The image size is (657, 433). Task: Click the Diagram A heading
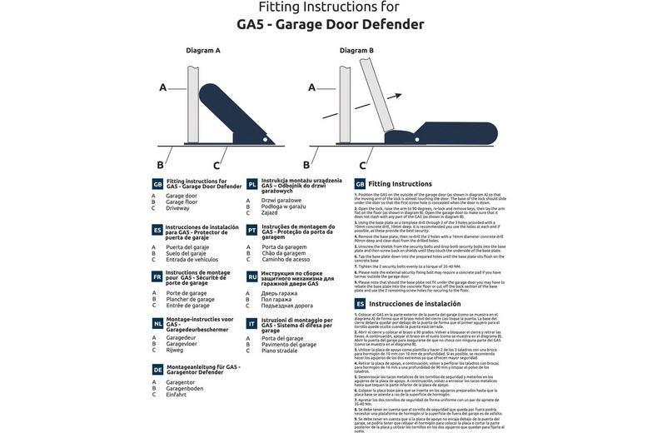(203, 51)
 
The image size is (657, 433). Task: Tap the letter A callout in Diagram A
(163, 87)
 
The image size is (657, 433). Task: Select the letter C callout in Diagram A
(217, 166)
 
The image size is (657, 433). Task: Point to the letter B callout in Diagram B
(307, 166)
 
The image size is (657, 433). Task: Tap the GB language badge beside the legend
(157, 184)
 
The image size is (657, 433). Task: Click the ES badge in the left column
(157, 230)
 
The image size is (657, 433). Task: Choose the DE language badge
(157, 369)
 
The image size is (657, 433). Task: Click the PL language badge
(252, 184)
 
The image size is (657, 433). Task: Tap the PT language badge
(252, 230)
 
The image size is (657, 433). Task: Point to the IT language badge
(252, 323)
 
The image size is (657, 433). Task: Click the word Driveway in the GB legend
(178, 208)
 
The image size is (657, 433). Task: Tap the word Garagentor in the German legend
(181, 382)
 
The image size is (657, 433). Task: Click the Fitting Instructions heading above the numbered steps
(400, 183)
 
